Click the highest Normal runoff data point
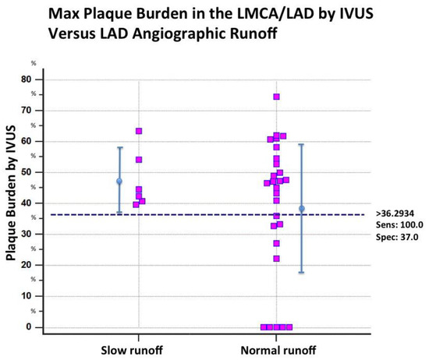point(276,97)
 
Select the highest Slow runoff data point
point(139,131)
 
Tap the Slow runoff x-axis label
point(138,348)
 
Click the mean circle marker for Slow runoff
point(119,182)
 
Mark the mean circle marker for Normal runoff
point(301,209)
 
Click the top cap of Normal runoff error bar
point(301,144)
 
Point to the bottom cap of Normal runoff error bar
point(301,272)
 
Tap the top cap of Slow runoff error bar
point(119,147)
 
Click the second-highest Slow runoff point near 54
point(139,160)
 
